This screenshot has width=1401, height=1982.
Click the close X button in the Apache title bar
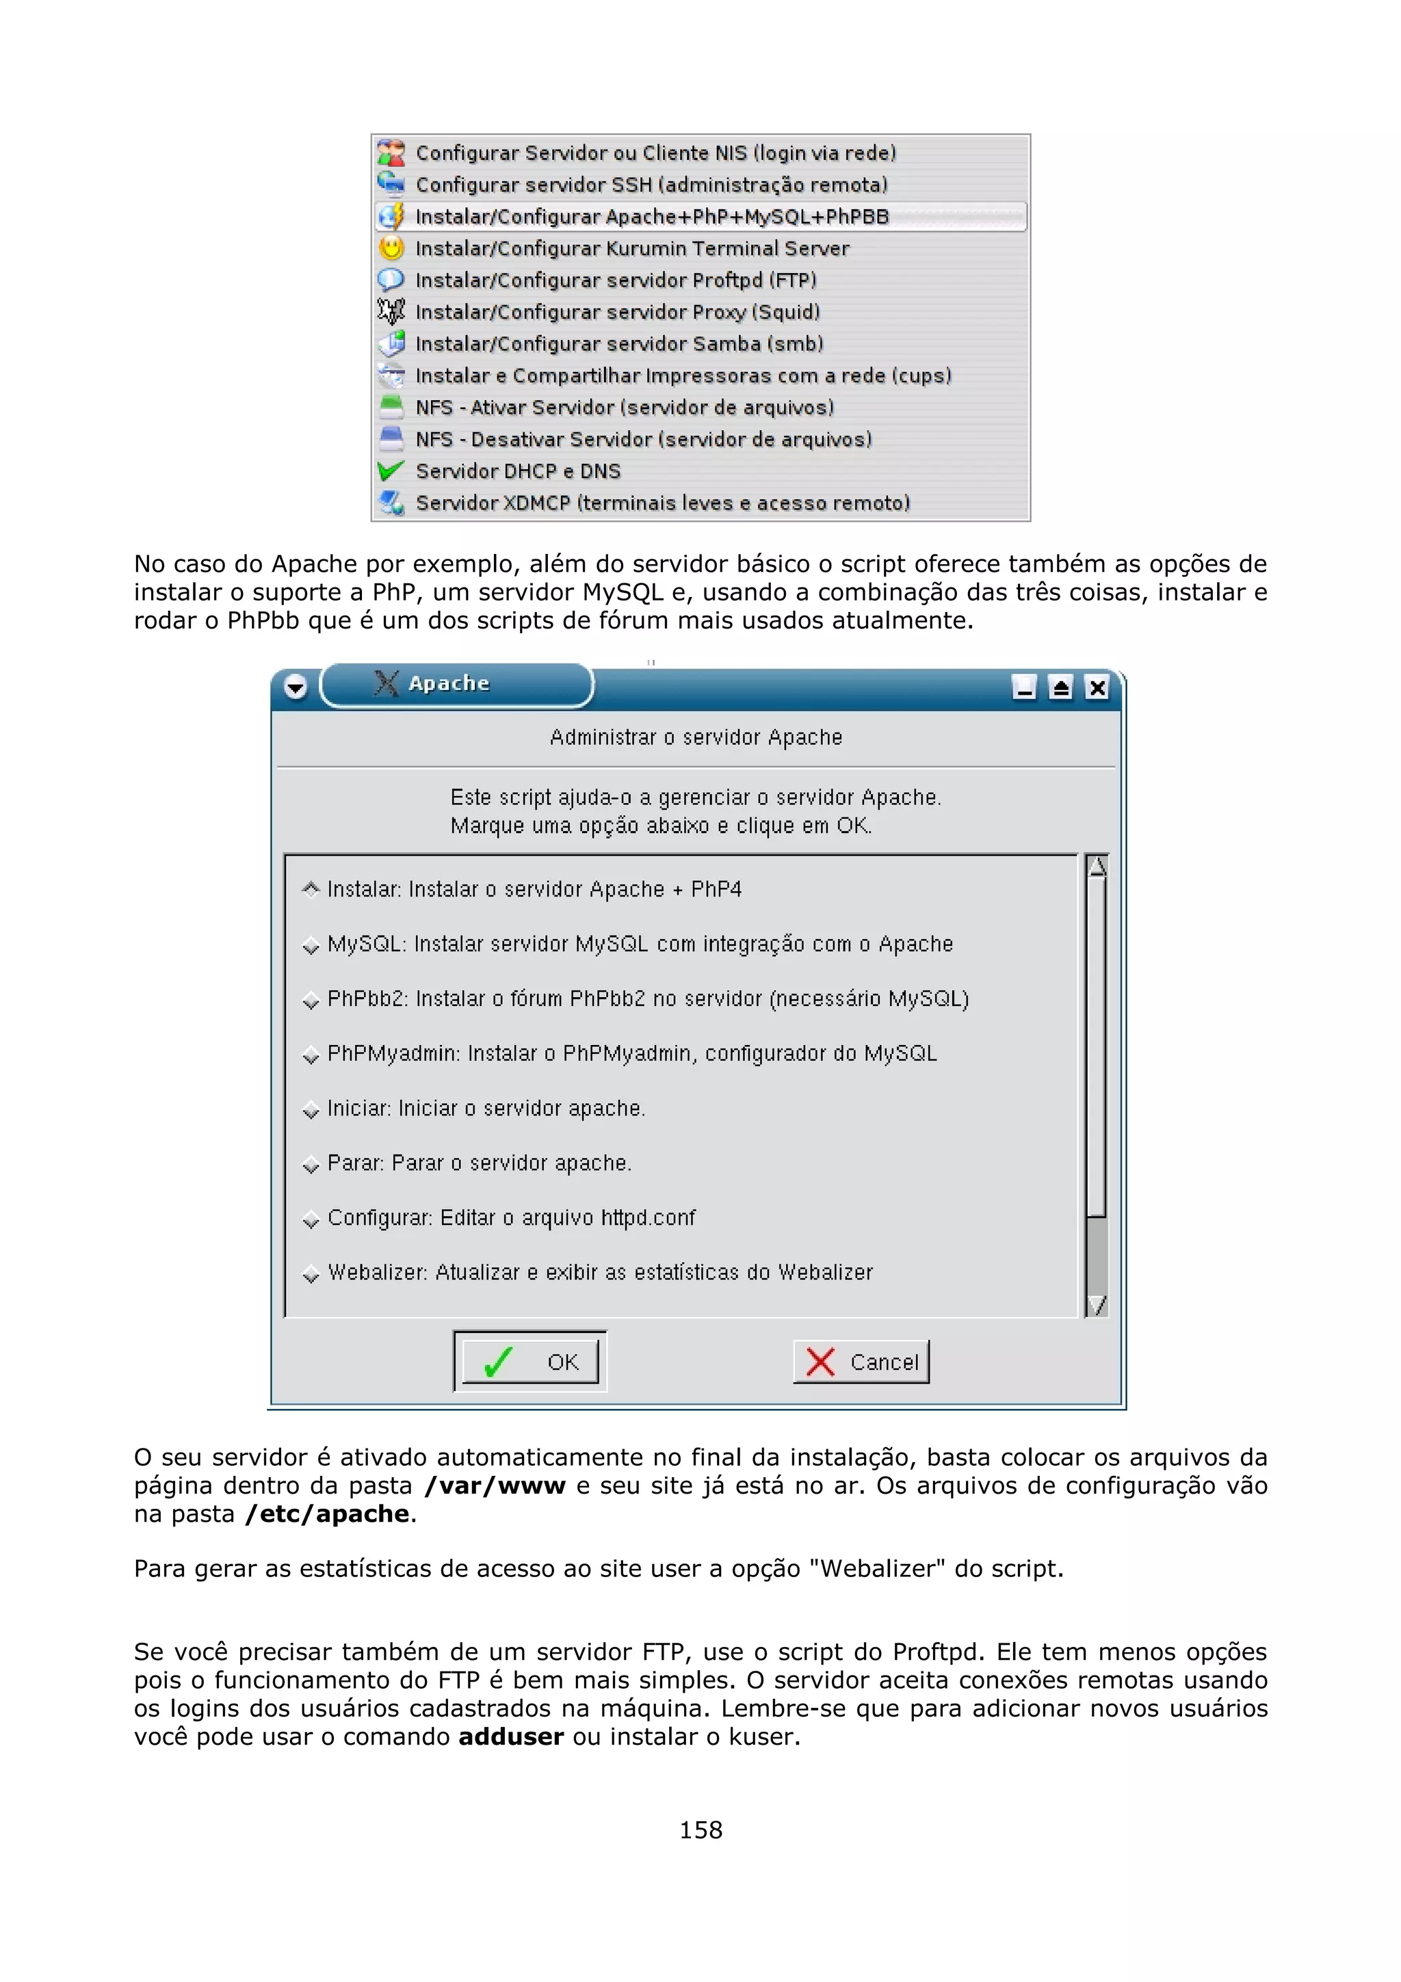click(1097, 688)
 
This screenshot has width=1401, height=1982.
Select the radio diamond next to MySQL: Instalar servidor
click(311, 946)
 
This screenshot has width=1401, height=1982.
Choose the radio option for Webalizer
click(311, 1274)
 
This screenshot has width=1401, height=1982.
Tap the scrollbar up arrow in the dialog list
click(1097, 866)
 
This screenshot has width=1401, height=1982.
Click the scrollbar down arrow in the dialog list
click(1097, 1304)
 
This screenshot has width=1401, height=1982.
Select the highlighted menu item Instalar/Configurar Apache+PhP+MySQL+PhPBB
click(652, 217)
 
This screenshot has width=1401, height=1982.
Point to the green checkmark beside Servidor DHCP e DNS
click(391, 471)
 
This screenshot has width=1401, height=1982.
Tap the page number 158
click(700, 1829)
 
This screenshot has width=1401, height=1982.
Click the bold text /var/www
click(495, 1485)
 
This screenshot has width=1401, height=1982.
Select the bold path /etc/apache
click(327, 1514)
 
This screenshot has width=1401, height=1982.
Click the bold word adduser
click(510, 1737)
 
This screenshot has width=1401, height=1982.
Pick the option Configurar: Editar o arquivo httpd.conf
click(511, 1218)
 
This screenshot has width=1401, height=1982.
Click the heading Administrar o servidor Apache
click(696, 737)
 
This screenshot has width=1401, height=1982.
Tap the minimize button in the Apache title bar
click(1025, 688)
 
